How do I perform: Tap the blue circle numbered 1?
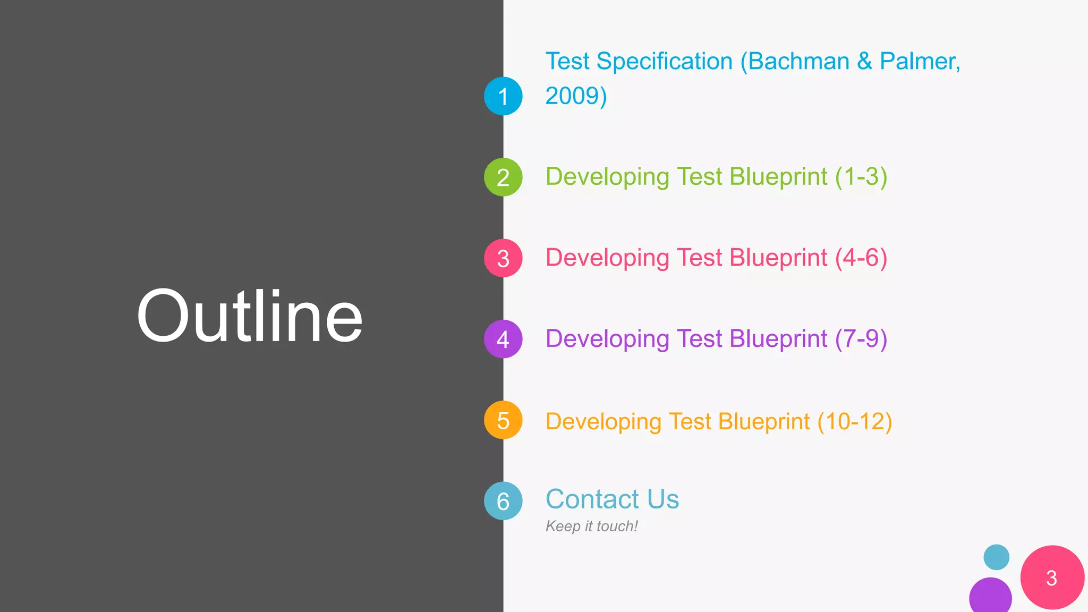click(x=503, y=96)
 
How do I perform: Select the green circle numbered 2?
click(x=503, y=177)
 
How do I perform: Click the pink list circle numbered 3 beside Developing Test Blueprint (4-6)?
click(x=503, y=258)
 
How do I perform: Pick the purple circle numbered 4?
click(x=503, y=339)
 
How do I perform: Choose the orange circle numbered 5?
click(x=503, y=420)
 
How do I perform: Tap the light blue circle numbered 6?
click(x=503, y=501)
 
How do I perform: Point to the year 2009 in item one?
click(x=572, y=96)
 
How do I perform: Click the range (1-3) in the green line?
click(x=861, y=177)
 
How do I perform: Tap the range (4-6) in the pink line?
click(x=861, y=258)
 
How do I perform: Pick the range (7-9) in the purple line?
click(x=861, y=339)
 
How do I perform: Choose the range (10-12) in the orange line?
click(x=855, y=422)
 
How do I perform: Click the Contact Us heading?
click(x=613, y=499)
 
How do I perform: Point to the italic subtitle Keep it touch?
click(x=591, y=526)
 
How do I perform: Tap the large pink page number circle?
click(x=1052, y=577)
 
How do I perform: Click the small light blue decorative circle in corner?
click(x=996, y=557)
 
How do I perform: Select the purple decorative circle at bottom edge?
click(x=990, y=597)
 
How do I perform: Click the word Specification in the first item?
click(x=665, y=62)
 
